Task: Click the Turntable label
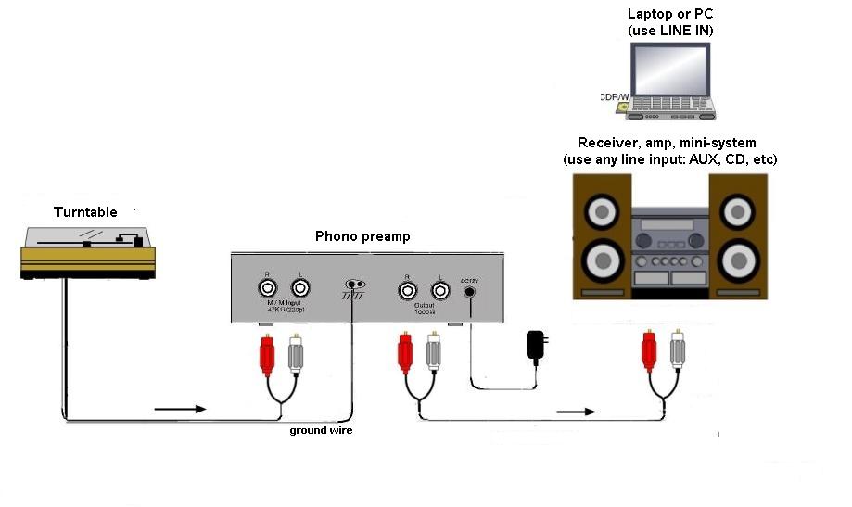85,212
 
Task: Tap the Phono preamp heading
362,236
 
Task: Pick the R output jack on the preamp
407,289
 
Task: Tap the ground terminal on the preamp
352,285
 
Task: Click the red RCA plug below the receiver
649,354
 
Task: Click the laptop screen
669,70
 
